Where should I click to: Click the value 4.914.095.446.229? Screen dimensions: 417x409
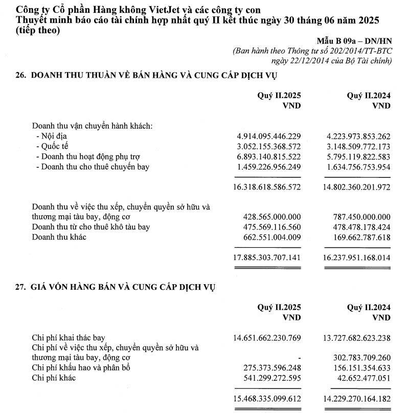267,136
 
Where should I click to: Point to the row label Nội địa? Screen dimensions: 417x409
55,136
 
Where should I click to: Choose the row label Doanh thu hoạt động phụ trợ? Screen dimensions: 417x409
92,156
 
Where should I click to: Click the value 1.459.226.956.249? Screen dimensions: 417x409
267,167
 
